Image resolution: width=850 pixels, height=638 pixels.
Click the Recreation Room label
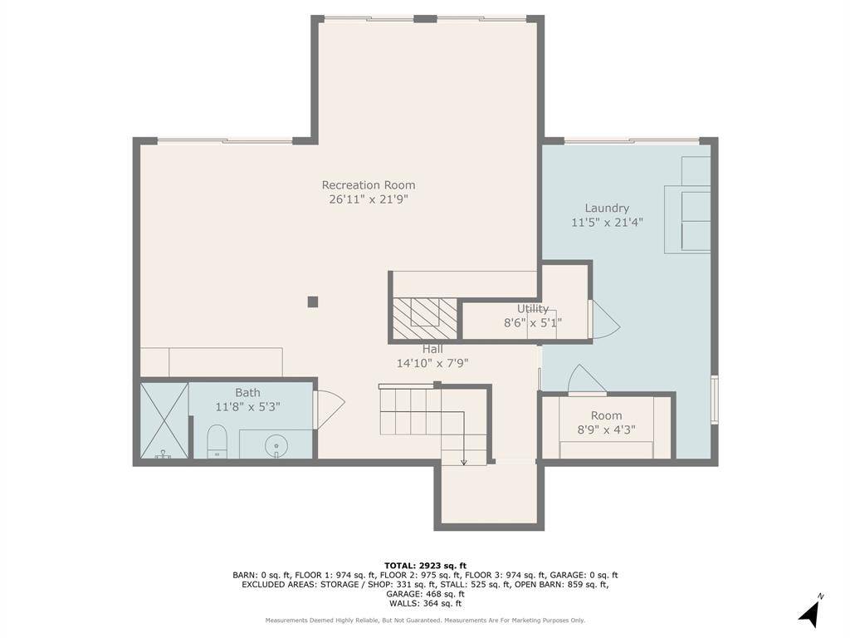pyautogui.click(x=369, y=185)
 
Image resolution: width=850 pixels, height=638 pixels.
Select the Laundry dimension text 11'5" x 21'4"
pyautogui.click(x=607, y=222)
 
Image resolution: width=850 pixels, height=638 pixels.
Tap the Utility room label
pyautogui.click(x=533, y=309)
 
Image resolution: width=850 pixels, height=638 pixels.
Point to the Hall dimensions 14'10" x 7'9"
pyautogui.click(x=432, y=363)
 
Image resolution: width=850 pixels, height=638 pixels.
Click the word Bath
pyautogui.click(x=247, y=392)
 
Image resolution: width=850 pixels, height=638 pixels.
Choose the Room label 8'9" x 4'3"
pyautogui.click(x=607, y=423)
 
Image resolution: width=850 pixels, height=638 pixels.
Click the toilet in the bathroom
pyautogui.click(x=217, y=441)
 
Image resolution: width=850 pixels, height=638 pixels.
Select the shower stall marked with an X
pyautogui.click(x=164, y=420)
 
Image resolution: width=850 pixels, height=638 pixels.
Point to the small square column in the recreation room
pyautogui.click(x=313, y=302)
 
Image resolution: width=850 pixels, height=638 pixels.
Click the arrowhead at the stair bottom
pyautogui.click(x=464, y=462)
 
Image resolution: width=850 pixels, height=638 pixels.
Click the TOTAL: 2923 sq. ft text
pyautogui.click(x=425, y=566)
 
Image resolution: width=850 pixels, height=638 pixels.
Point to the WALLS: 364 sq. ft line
pyautogui.click(x=425, y=603)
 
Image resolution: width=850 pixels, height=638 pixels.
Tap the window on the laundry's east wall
pyautogui.click(x=715, y=400)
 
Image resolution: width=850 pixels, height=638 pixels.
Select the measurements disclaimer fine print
pyautogui.click(x=425, y=620)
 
